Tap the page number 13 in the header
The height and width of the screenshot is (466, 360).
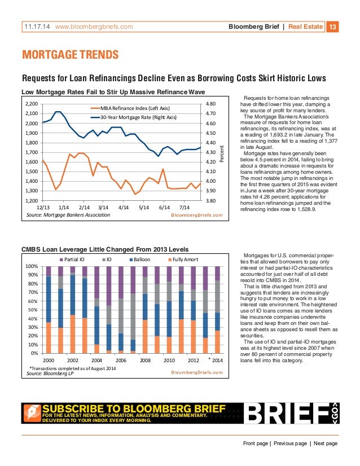click(x=332, y=26)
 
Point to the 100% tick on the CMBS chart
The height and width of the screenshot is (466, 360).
click(x=32, y=266)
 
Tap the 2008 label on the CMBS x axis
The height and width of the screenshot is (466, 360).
click(x=145, y=359)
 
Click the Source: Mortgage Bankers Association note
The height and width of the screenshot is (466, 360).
click(x=68, y=215)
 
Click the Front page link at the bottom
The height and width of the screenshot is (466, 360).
click(x=256, y=443)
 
